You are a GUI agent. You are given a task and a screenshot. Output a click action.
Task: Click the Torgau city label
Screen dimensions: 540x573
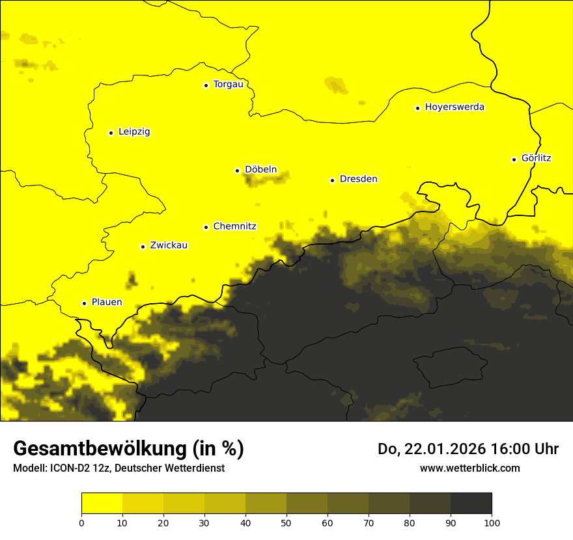[x=228, y=85]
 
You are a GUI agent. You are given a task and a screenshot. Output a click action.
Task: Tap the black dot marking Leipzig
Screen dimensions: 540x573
[x=111, y=133]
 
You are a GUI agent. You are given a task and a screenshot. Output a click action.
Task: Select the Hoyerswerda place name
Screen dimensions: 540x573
[x=454, y=107]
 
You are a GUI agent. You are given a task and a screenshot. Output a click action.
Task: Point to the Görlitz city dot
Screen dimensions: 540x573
[x=514, y=159]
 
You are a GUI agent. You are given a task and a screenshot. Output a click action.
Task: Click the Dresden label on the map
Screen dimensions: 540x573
[x=358, y=179]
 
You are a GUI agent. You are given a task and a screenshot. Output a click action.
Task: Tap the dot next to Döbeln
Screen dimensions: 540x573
[x=237, y=170]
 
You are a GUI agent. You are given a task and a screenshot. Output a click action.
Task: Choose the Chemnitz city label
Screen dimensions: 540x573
[x=234, y=226]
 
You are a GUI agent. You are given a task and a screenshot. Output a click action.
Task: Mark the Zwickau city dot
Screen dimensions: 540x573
[x=143, y=247]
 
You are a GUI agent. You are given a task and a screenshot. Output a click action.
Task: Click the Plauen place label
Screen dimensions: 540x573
[x=107, y=303]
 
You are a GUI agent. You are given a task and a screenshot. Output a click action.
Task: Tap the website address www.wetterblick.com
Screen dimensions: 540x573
[x=469, y=468]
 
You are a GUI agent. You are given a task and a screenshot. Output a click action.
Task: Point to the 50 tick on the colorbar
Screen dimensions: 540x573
[x=286, y=522]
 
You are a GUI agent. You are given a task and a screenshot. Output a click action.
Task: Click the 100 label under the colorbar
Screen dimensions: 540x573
[x=492, y=522]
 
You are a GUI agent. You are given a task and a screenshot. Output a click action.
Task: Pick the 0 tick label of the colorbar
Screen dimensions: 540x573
[x=81, y=522]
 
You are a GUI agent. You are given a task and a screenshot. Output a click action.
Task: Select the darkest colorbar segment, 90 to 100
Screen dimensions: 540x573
[x=471, y=504]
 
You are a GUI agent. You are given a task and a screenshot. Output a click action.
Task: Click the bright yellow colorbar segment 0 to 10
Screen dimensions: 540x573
[x=102, y=504]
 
